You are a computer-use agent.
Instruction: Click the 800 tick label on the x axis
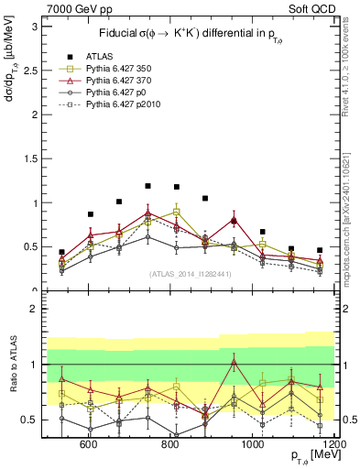pos(170,444)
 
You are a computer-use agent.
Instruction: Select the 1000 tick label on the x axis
pos(251,444)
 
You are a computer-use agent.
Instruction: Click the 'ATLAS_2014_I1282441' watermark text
pos(190,273)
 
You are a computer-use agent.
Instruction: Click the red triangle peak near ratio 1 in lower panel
pos(235,362)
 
